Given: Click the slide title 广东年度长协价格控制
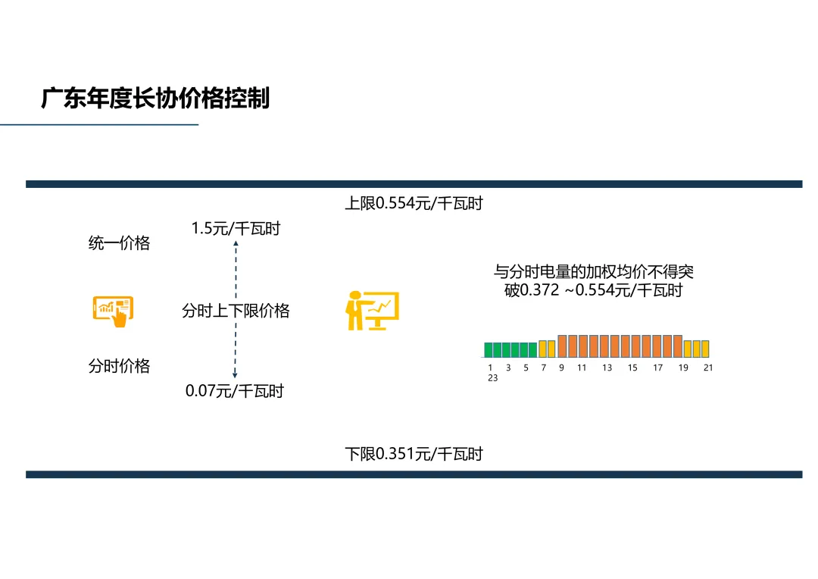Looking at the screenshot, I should click(x=155, y=99).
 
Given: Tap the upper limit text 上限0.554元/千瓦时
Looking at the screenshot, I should click(x=414, y=203).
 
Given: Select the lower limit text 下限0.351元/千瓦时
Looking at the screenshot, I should click(x=414, y=454).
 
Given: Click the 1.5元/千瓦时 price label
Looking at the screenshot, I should click(x=236, y=228).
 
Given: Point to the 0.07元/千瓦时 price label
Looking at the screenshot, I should click(x=235, y=392).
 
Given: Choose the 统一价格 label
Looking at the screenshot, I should click(x=119, y=243).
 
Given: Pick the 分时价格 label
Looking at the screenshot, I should click(x=119, y=366).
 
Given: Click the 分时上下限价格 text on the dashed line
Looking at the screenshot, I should click(x=236, y=311).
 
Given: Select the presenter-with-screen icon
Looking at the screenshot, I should click(x=373, y=310).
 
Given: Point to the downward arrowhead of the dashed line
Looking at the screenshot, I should click(x=236, y=374).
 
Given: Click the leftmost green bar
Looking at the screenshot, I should click(x=489, y=349).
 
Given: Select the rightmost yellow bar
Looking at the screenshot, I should click(x=705, y=349).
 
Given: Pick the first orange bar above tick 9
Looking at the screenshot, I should click(x=562, y=346).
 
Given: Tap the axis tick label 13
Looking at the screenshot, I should click(x=607, y=368).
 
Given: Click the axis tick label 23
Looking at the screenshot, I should click(x=492, y=378).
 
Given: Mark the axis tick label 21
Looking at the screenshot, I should click(x=708, y=368).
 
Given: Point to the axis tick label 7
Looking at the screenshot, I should click(x=543, y=368).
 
